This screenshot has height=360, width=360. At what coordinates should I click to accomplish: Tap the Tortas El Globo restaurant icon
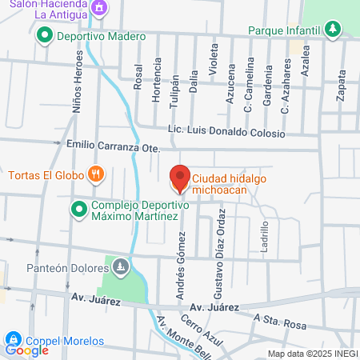[96, 173]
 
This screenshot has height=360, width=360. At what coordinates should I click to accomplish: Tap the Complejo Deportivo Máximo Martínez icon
[78, 210]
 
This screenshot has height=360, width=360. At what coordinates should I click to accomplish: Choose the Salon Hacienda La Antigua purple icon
[99, 9]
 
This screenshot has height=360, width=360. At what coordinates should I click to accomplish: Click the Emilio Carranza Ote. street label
[114, 147]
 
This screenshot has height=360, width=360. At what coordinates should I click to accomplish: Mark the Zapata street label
[342, 83]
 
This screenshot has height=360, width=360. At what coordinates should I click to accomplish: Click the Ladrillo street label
[265, 236]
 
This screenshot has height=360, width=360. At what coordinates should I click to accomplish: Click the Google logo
[26, 350]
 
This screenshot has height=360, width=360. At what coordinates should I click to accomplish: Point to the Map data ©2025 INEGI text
[312, 354]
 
